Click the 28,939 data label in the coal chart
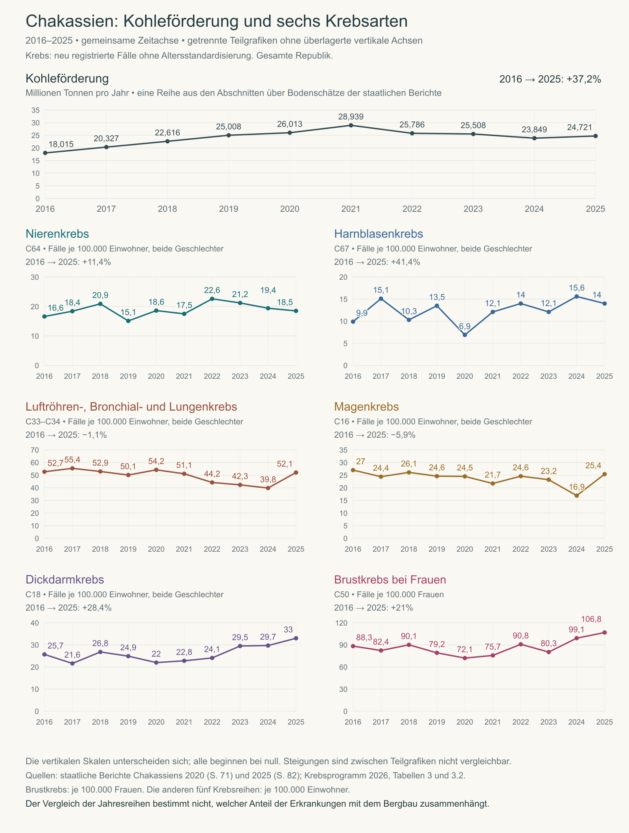click(351, 117)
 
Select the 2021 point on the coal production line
click(351, 125)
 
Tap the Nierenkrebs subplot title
click(57, 234)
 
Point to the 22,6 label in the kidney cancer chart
click(212, 290)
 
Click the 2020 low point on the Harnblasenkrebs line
click(465, 335)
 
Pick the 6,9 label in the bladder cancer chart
click(465, 327)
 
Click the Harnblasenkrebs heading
click(379, 234)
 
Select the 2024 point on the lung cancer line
click(268, 488)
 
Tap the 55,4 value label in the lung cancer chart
click(72, 460)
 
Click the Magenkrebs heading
click(366, 407)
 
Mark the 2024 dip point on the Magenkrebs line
click(577, 495)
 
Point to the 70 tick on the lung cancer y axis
click(35, 450)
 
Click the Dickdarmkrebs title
click(65, 580)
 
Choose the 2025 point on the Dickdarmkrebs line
click(296, 638)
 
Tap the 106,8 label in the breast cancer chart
click(591, 619)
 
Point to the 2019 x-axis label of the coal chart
click(228, 209)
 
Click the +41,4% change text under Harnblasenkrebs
click(406, 262)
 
